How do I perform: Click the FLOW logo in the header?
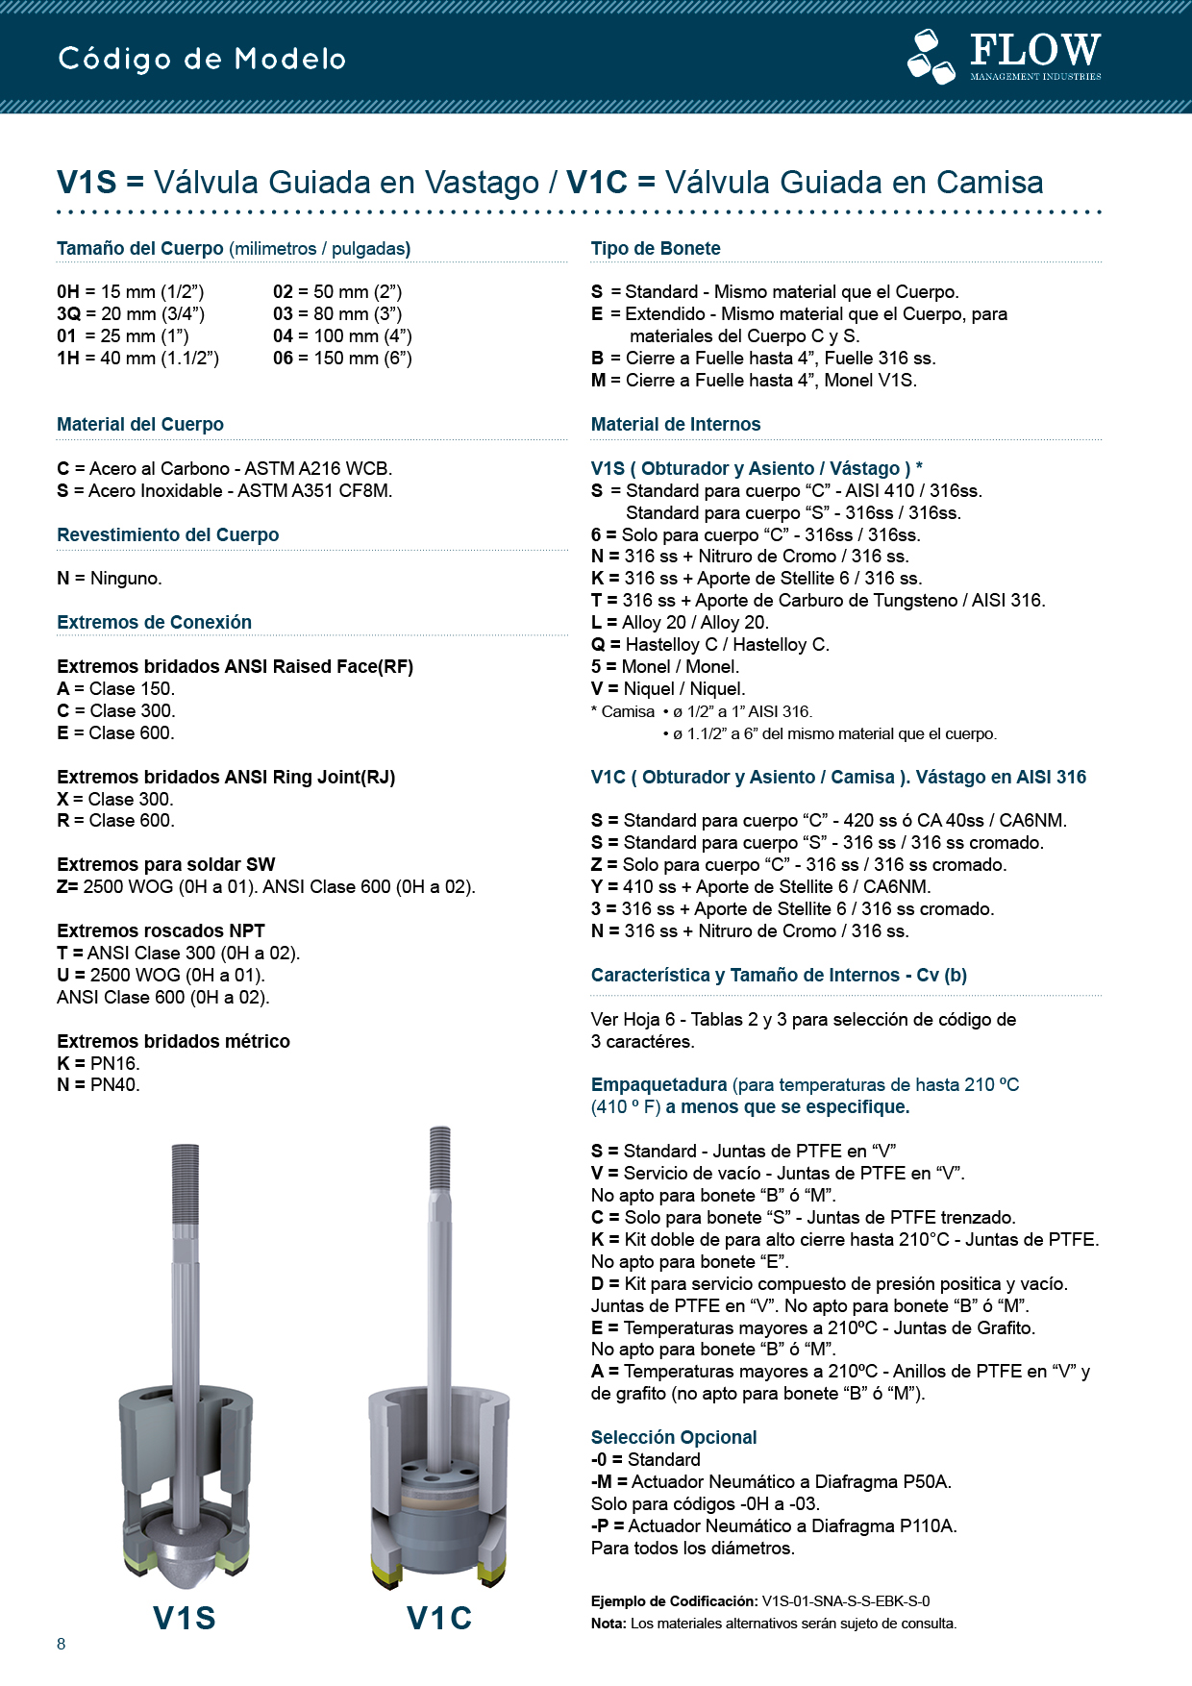pos(1004,56)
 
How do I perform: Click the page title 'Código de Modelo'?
pos(202,59)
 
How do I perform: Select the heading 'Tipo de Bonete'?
pos(656,248)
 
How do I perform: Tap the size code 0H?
pos(67,291)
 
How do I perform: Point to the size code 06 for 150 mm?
pos(283,358)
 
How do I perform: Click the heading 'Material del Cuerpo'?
pos(140,424)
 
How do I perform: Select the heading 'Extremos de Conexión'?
pos(154,622)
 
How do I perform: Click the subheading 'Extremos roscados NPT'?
pos(161,930)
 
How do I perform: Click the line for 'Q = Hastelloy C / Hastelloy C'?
pos(709,644)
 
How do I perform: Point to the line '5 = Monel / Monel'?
pos(665,666)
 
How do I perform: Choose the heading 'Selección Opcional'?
pos(674,1437)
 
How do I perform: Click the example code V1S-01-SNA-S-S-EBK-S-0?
pos(846,1601)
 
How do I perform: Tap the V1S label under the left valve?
pos(185,1618)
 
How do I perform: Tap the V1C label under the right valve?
pos(439,1618)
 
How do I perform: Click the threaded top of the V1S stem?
pos(186,1182)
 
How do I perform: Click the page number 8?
pos(62,1644)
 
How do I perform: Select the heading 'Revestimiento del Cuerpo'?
pos(168,534)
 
